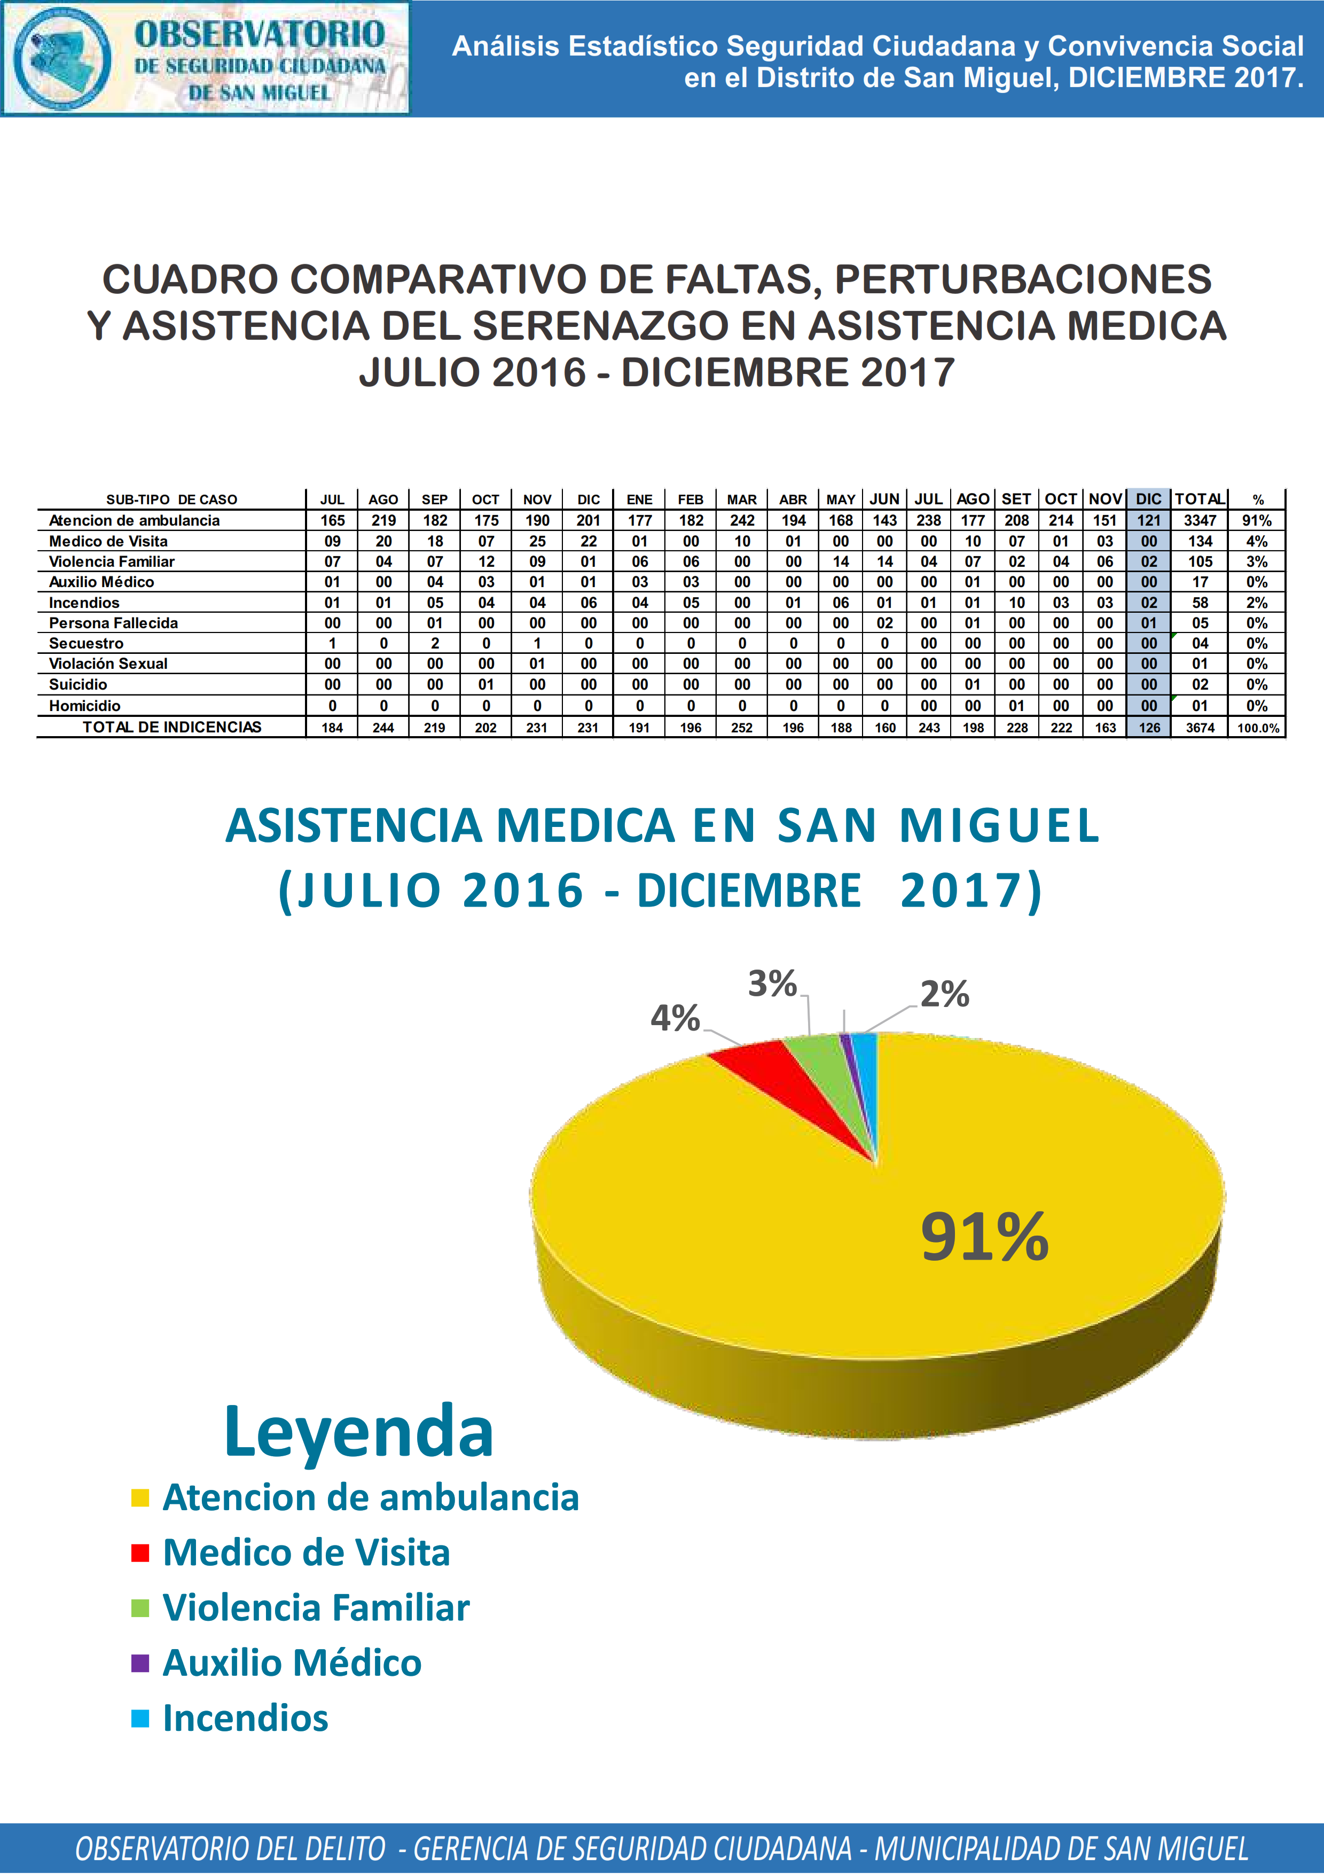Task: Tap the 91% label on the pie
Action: pyautogui.click(x=985, y=1237)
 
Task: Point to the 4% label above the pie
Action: pyautogui.click(x=675, y=1019)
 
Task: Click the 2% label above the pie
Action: pyautogui.click(x=945, y=994)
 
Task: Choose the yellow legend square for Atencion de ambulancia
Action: pyautogui.click(x=140, y=1498)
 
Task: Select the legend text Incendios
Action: pyautogui.click(x=246, y=1718)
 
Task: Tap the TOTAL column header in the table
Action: pyautogui.click(x=1199, y=499)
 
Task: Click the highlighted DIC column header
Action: pyautogui.click(x=1149, y=499)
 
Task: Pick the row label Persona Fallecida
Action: pyautogui.click(x=113, y=623)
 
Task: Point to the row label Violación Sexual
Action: pyautogui.click(x=108, y=663)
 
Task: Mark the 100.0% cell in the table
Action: pyautogui.click(x=1258, y=727)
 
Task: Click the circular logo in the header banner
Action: pyautogui.click(x=63, y=59)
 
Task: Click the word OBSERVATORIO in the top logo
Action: pyautogui.click(x=260, y=34)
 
